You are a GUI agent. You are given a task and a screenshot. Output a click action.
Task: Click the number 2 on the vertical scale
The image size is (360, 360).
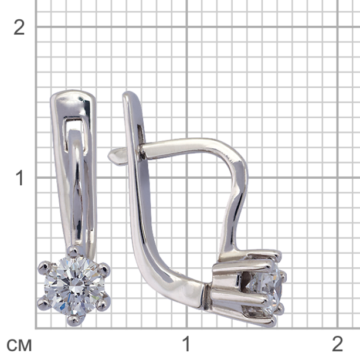pos(19,28)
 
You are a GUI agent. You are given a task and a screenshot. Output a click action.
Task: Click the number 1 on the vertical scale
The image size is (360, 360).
pos(19,178)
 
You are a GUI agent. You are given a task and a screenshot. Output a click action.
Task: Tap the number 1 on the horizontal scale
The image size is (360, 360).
pos(186,344)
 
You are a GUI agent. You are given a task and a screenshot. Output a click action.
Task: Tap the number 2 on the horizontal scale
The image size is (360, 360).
pos(337,344)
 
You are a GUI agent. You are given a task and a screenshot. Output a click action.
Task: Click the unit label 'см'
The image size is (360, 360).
pos(19,345)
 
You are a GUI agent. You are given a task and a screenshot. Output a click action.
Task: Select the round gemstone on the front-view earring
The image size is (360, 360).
pos(74,286)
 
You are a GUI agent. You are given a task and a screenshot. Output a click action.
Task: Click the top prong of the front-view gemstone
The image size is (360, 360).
pos(73,252)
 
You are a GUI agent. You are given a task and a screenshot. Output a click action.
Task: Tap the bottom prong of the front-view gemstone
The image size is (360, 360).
pos(74,320)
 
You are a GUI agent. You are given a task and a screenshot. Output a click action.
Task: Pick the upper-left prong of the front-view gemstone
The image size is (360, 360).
pos(43,268)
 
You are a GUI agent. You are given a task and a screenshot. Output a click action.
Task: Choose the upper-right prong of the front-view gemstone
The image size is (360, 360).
pos(104,269)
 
